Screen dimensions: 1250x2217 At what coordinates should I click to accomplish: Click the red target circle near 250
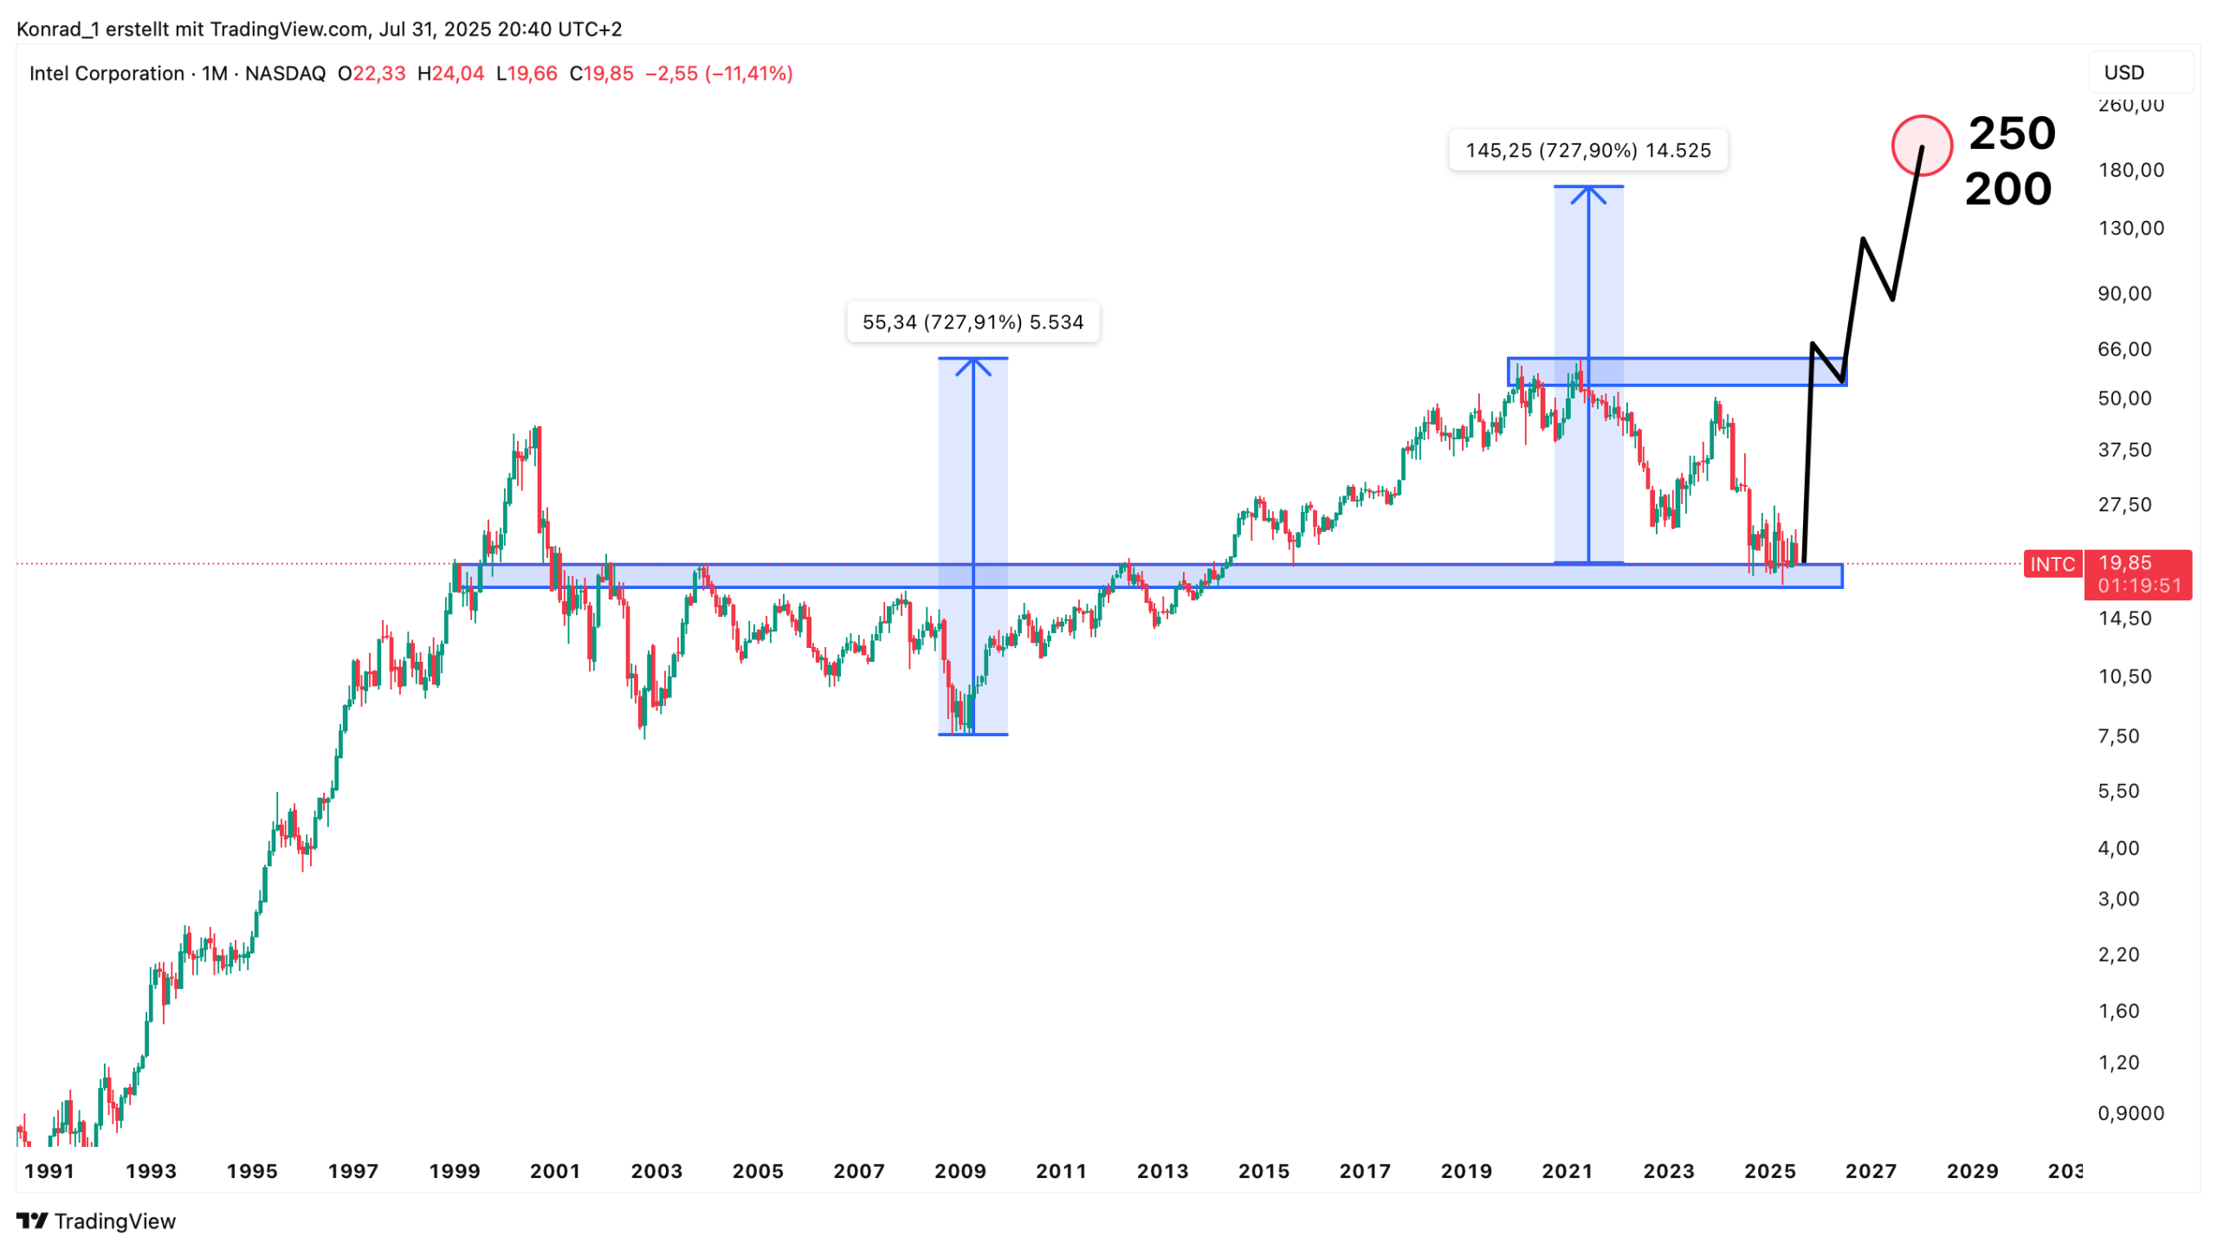1920,146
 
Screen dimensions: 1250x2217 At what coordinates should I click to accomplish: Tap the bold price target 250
2011,133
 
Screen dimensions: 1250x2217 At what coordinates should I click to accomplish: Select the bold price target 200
2007,189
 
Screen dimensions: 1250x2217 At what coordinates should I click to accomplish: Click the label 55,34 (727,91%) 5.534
973,322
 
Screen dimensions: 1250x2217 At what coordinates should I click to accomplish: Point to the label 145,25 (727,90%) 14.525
1587,151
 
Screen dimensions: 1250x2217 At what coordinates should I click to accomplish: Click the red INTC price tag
2052,564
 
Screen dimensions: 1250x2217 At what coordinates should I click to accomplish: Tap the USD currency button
2123,73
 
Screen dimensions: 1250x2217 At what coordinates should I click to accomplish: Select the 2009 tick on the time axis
960,1171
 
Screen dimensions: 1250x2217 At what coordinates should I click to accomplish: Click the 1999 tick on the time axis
454,1171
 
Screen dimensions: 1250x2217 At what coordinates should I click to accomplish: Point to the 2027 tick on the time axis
1870,1171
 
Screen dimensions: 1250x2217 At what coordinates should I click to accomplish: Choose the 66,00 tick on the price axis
2123,349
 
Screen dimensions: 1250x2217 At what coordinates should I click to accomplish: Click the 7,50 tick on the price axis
2117,736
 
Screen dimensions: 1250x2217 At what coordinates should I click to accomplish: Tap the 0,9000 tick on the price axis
2130,1113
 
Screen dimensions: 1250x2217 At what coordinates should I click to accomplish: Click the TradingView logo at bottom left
95,1221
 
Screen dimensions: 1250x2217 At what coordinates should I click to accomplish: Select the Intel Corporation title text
107,74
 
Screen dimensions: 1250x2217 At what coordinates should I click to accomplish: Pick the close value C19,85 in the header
601,74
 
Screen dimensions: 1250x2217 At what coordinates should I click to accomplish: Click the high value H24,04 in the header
450,74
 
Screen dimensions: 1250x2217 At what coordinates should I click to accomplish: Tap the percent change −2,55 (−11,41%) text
719,74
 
